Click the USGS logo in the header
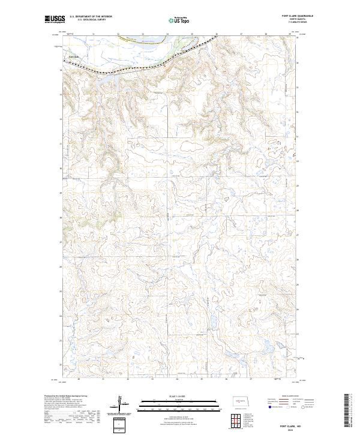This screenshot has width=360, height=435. click(x=55, y=19)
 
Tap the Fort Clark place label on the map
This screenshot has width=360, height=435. click(x=73, y=57)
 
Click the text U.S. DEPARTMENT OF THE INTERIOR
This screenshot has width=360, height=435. click(x=91, y=17)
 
